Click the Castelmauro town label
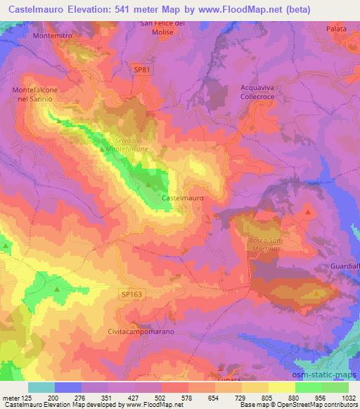(x=183, y=199)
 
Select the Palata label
(x=337, y=29)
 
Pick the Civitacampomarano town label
(x=141, y=331)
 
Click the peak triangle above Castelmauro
(x=148, y=186)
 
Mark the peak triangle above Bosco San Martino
(x=309, y=211)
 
